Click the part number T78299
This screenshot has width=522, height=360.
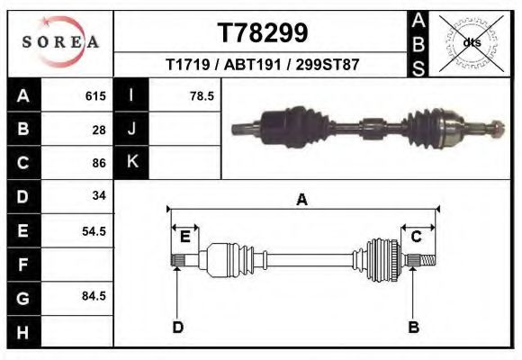(x=263, y=33)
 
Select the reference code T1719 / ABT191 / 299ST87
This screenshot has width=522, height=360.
(x=263, y=66)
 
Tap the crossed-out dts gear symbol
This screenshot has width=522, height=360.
(x=472, y=42)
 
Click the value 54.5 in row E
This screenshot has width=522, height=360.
(x=94, y=230)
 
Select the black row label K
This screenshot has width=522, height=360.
(x=131, y=163)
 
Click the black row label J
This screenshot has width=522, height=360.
(x=131, y=130)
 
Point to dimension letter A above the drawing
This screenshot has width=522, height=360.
(x=302, y=201)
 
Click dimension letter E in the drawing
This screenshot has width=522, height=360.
(x=184, y=237)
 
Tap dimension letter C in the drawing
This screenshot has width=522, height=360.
(x=417, y=237)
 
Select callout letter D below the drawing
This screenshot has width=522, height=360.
(x=178, y=327)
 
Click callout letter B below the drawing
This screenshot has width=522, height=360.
(x=413, y=327)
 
